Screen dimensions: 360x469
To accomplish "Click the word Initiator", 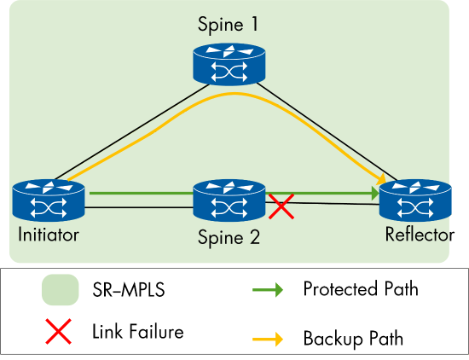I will pos(47,235).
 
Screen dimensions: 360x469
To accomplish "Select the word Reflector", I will pos(419,235).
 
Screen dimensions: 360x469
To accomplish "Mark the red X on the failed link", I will pos(282,205).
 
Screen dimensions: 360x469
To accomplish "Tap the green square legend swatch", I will pos(57,291).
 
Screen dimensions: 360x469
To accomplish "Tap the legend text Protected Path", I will pos(361,289).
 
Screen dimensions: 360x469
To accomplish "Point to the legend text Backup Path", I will pos(353,339).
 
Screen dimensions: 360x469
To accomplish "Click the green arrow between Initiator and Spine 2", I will pos(141,193).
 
